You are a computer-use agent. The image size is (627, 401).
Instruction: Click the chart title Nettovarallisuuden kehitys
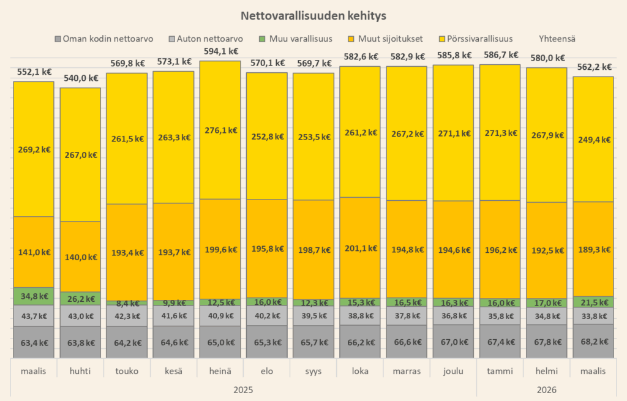click(x=313, y=15)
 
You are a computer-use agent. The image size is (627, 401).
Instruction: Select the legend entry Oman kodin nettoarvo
click(x=103, y=39)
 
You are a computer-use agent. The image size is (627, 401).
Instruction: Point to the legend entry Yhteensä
click(x=557, y=39)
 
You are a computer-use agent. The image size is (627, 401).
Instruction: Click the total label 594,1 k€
click(x=220, y=52)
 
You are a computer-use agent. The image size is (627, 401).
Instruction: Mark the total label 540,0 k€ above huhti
click(x=80, y=78)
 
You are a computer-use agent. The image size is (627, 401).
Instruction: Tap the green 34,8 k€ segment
click(x=34, y=296)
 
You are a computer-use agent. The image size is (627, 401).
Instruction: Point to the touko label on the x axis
click(x=127, y=371)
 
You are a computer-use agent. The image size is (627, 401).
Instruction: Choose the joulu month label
click(x=453, y=371)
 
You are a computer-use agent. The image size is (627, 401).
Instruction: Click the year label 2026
click(x=546, y=389)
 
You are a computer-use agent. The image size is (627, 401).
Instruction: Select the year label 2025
click(x=243, y=389)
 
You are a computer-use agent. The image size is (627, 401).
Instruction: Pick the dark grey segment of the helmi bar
click(x=546, y=342)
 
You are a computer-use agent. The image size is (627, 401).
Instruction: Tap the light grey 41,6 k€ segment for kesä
click(x=173, y=315)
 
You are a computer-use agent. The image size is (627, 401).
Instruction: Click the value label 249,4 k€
click(x=593, y=139)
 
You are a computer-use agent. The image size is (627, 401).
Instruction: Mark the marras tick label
click(x=407, y=371)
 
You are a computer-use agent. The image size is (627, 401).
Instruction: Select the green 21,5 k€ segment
click(x=593, y=302)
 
